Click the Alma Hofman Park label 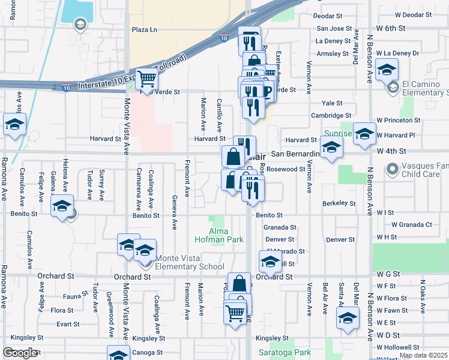click(x=218, y=235)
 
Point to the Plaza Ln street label click(x=144, y=29)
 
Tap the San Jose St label click(x=334, y=28)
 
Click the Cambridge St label click(x=331, y=115)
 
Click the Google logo click(x=20, y=353)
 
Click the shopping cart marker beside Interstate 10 click(x=146, y=78)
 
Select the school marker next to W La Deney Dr click(x=387, y=68)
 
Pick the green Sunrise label click(x=337, y=133)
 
